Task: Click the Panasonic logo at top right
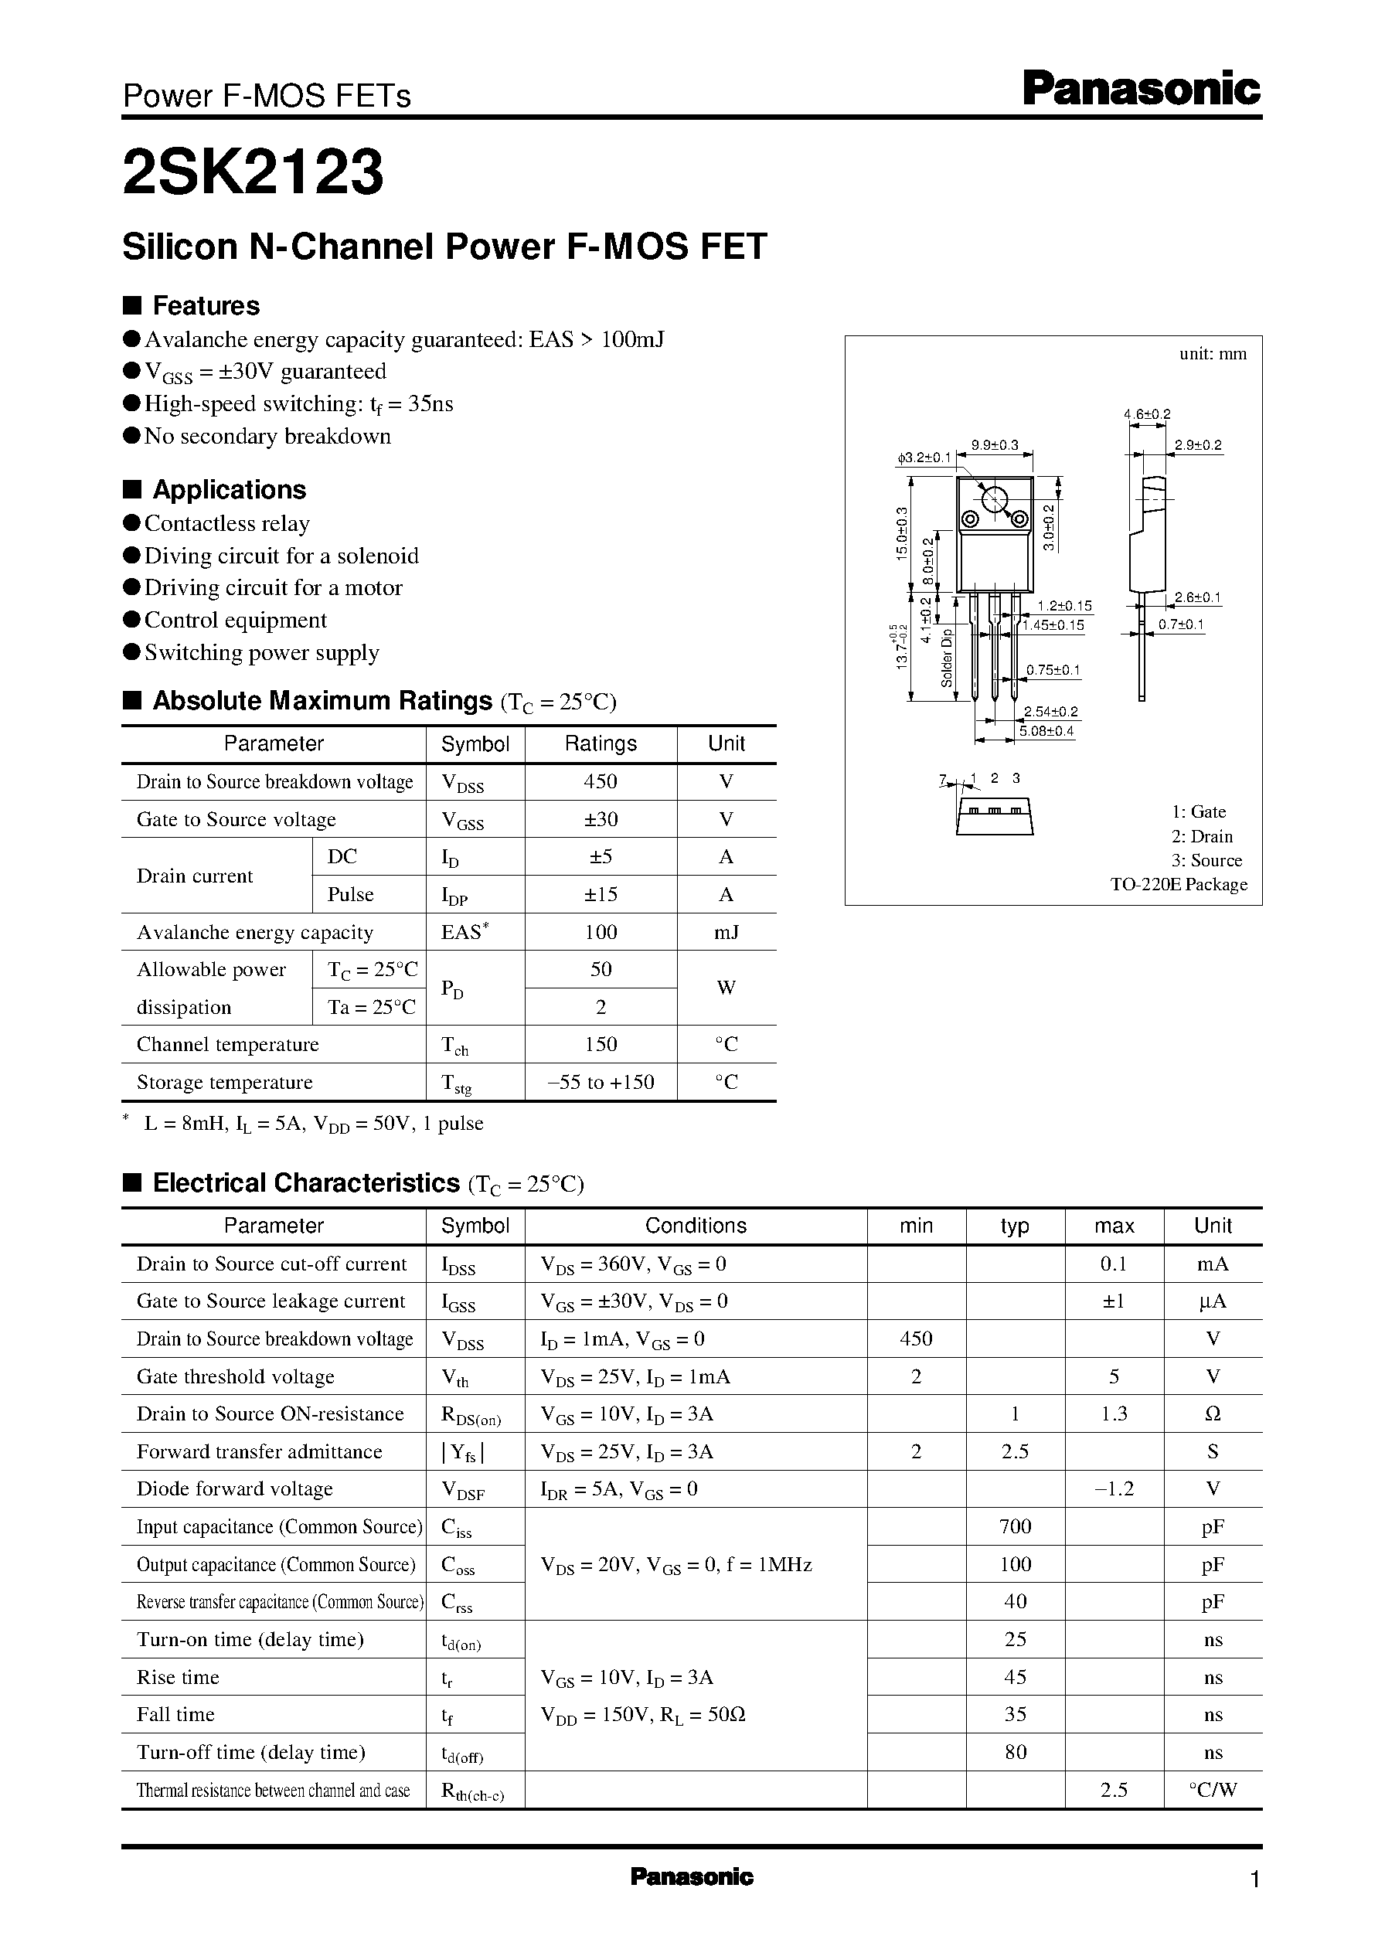click(1140, 90)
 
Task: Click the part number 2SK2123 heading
click(254, 172)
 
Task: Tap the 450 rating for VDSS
click(601, 782)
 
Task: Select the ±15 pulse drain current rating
click(601, 894)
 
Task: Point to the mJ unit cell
click(726, 932)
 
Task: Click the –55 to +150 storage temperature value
click(601, 1082)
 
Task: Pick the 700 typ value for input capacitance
click(1015, 1527)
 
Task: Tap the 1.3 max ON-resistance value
click(1114, 1414)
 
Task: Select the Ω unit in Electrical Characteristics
click(1213, 1414)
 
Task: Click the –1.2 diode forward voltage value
click(1114, 1489)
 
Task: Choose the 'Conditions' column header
click(695, 1226)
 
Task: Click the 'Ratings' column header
click(601, 743)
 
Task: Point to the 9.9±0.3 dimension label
click(995, 444)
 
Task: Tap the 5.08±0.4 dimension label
click(1046, 731)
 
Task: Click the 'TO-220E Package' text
click(1179, 884)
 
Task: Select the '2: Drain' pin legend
click(1202, 836)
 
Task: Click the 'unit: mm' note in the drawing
click(1213, 354)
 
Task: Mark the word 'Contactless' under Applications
click(197, 523)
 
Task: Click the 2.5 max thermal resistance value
click(1114, 1790)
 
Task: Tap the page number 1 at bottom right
click(1254, 1879)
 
